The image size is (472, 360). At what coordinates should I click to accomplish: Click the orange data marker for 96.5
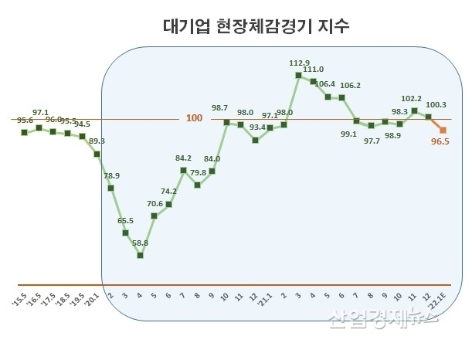coord(443,130)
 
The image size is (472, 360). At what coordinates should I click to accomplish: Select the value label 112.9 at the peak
coord(298,63)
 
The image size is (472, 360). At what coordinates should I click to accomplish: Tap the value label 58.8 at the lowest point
coord(140,243)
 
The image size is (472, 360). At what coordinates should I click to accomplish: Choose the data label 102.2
coord(413,99)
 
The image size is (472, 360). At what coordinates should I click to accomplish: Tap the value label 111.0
coord(313,70)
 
